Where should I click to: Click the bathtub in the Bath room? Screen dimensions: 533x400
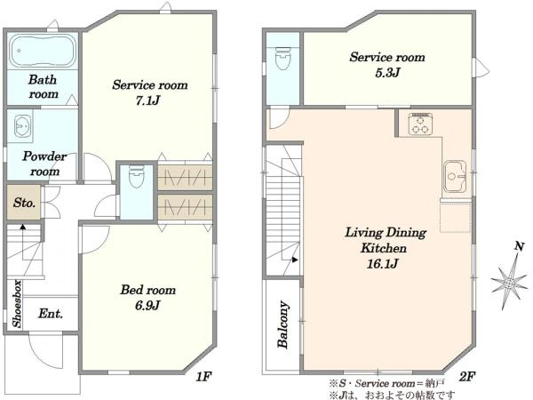pos(43,51)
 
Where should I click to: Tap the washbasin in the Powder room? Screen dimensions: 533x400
pos(23,126)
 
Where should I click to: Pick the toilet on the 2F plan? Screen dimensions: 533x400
pos(282,58)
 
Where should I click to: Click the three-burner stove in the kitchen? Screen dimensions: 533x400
pos(420,124)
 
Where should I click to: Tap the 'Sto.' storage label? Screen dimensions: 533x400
pos(24,203)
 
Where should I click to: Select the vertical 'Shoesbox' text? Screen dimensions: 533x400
pos(17,304)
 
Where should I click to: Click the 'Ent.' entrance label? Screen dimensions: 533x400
pos(51,313)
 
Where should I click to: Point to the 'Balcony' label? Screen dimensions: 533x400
pos(282,324)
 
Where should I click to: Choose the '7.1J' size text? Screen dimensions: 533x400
pos(147,100)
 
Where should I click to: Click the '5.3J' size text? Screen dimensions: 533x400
pos(387,73)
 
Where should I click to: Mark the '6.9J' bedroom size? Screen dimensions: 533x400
pos(147,306)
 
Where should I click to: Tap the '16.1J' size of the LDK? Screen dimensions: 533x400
pos(383,264)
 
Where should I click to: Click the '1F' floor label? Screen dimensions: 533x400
pos(203,377)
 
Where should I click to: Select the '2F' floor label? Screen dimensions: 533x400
pos(467,377)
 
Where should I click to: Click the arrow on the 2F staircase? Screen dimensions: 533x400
pos(295,260)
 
